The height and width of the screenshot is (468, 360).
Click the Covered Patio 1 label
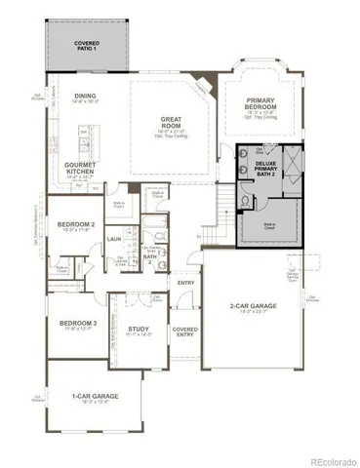(x=87, y=44)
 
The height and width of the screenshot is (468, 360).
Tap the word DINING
(x=86, y=96)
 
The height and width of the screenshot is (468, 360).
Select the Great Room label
(x=173, y=123)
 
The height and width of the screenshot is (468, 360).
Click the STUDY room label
(x=139, y=329)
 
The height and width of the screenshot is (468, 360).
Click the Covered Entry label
(x=185, y=332)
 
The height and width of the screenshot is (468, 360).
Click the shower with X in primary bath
(x=294, y=155)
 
